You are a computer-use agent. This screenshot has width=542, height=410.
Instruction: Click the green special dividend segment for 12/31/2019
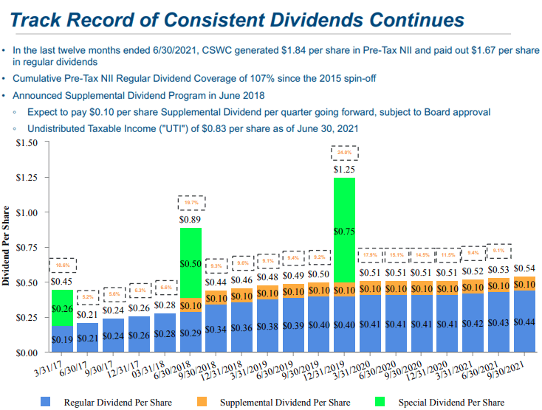coord(344,230)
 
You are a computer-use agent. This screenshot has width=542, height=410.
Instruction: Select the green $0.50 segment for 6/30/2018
coord(191,263)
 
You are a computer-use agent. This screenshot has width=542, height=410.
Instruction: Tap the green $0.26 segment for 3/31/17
coord(62,308)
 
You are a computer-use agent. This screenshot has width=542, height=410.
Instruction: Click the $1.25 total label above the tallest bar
coord(344,170)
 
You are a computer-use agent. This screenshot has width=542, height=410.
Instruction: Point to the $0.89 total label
coord(191,219)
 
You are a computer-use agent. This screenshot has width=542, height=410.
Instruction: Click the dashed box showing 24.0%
coord(344,153)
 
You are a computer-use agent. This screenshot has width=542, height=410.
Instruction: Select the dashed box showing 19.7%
coord(191,202)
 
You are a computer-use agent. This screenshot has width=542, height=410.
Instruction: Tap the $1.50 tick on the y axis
coord(27,142)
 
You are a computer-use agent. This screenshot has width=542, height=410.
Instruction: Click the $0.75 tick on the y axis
coord(27,248)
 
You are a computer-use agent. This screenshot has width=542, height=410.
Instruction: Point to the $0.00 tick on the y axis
coord(27,353)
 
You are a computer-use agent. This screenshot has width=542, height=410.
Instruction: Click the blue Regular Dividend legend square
coord(47,402)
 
